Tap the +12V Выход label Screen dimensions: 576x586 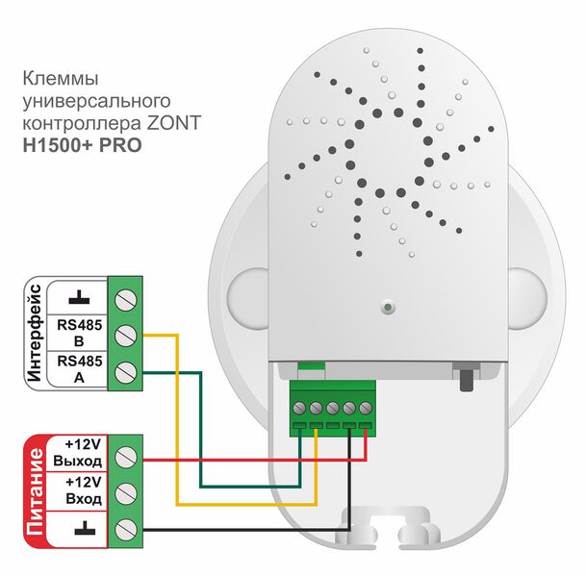pos(82,454)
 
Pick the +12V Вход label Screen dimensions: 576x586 pos(82,489)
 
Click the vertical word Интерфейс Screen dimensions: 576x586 pos(36,334)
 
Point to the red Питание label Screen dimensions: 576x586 pos(36,489)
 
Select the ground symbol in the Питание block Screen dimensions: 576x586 pos(82,526)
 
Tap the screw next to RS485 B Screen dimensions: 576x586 pos(124,335)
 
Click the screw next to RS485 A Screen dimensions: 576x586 pos(124,371)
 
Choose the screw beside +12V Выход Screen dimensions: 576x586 pos(125,455)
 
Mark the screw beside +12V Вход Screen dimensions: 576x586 pos(125,491)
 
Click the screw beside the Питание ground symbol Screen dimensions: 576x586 pos(125,528)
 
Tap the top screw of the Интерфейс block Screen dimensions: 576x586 pos(124,298)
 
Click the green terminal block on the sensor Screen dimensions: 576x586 pos(333,403)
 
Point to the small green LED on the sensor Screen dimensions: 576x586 pos(386,308)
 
